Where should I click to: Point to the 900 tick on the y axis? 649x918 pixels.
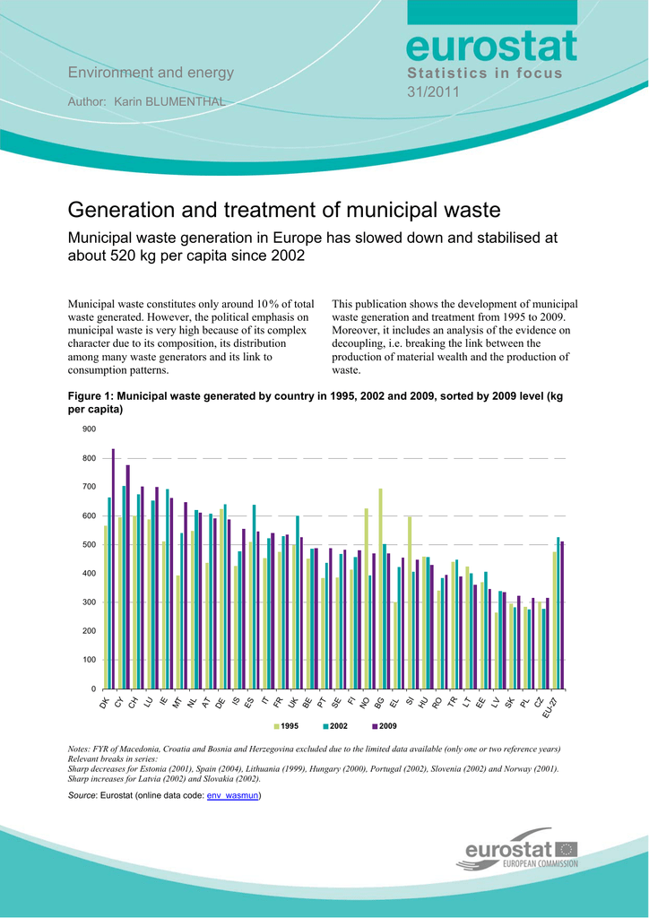coord(89,429)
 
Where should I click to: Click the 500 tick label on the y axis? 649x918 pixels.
coord(89,545)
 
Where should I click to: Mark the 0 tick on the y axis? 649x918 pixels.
coord(93,689)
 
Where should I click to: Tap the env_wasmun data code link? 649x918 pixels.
coord(232,795)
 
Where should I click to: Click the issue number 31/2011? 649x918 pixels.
coord(434,91)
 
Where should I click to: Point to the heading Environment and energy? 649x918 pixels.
coord(151,73)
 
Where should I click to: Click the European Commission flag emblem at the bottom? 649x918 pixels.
coord(567,848)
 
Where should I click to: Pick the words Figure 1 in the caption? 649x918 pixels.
coord(91,395)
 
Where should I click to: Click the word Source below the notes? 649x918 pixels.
coord(82,795)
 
